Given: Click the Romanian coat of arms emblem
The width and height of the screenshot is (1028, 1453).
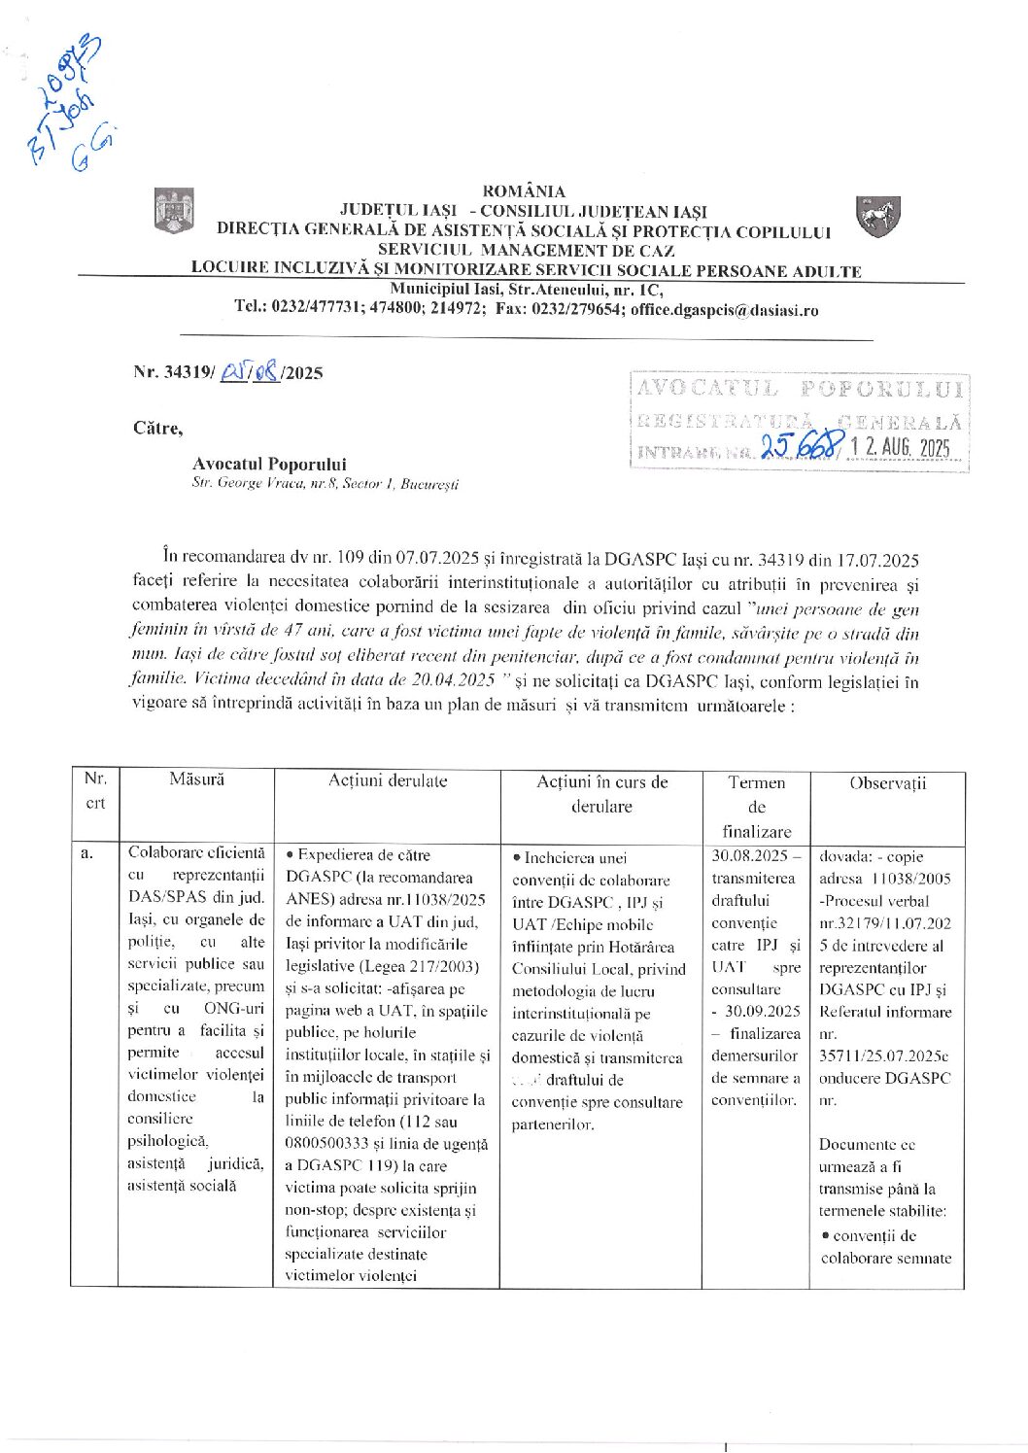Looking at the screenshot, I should pos(174,211).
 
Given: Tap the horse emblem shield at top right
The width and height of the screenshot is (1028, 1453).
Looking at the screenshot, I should pos(877,215).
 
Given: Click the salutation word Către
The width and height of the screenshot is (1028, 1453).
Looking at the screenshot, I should pos(157,428).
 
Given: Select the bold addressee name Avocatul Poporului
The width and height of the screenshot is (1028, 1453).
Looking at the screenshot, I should pos(269,465).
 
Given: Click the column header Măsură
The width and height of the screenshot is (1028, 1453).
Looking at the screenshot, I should pos(196,779).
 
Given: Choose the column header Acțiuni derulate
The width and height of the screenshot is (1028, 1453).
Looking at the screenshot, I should pos(387,780).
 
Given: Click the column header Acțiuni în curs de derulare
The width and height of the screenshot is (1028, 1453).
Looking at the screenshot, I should pos(601,793).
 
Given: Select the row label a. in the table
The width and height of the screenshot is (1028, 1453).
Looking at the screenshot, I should pos(86,853).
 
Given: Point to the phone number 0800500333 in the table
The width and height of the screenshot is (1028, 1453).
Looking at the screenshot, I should pos(329,1144).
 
